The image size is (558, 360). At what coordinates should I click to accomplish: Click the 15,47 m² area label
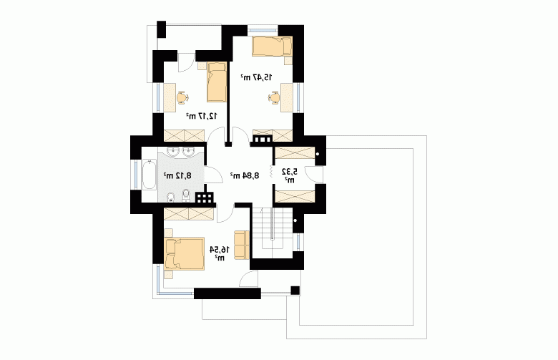coord(257,77)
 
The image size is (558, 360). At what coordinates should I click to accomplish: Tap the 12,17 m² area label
coord(202,115)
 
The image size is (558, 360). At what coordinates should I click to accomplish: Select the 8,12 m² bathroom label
coord(177,175)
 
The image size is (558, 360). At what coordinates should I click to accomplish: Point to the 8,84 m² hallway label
coord(245,175)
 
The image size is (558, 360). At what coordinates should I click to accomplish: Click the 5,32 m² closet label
coord(289,175)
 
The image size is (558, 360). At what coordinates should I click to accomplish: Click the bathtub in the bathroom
coord(149,175)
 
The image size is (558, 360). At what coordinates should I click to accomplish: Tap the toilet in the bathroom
coord(186,195)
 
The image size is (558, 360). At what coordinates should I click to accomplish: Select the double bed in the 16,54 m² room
coord(185,253)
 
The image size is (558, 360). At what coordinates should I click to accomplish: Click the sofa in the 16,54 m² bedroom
coord(242,245)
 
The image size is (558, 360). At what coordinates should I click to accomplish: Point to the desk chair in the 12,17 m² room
coord(182,97)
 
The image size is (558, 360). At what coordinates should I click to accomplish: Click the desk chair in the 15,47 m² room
coord(275,97)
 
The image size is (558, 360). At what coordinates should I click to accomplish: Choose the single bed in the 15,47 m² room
coord(273,46)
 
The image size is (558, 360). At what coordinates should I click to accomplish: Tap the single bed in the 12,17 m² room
coord(217,82)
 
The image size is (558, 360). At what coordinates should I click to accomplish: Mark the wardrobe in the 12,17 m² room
coord(185,136)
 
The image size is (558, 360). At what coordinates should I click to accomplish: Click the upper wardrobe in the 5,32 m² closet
coord(295,153)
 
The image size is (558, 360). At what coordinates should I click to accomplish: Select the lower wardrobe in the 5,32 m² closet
coord(295,197)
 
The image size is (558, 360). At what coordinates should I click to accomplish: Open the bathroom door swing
coord(214,175)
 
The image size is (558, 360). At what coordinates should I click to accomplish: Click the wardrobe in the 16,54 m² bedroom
coord(189,214)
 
